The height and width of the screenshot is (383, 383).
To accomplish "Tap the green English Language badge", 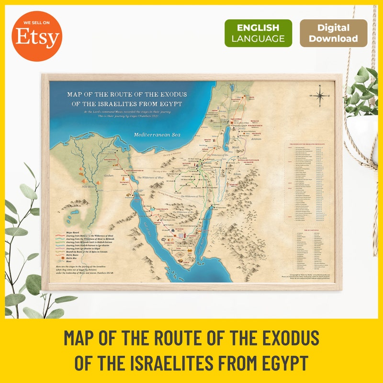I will pyautogui.click(x=258, y=33).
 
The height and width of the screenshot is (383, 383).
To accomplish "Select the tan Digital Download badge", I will pyautogui.click(x=333, y=33).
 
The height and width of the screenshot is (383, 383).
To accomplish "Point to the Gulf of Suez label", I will pyautogui.click(x=145, y=225).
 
